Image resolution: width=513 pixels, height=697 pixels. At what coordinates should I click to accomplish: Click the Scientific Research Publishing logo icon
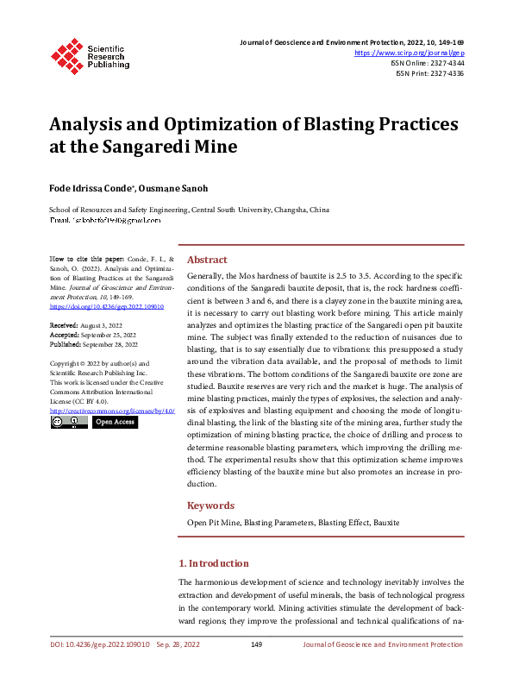[x=66, y=54]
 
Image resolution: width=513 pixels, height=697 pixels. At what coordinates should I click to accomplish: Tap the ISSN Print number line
[x=429, y=74]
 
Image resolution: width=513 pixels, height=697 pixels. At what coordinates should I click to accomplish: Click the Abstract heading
[x=207, y=260]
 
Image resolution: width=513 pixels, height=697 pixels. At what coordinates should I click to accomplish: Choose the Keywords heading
[x=211, y=505]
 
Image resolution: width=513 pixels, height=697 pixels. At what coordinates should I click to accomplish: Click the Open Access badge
[x=115, y=423]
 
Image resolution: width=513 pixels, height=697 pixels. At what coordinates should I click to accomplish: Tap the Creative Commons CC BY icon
[x=69, y=423]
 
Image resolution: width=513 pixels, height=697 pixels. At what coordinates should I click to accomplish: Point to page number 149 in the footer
[x=256, y=644]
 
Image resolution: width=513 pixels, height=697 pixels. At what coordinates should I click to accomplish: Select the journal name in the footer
[x=383, y=644]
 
